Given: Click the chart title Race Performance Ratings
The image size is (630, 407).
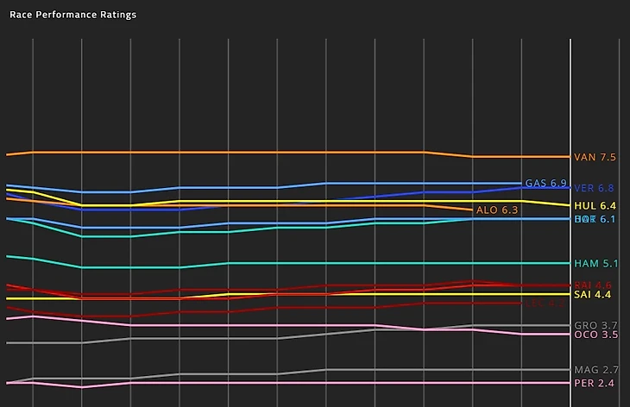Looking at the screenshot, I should click(x=72, y=15).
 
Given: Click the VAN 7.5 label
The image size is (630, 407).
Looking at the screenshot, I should click(x=595, y=158).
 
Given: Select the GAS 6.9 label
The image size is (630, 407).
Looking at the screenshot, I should click(x=545, y=184).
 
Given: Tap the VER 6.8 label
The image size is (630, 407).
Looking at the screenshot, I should click(x=595, y=188).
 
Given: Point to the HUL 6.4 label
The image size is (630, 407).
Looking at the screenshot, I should click(x=595, y=206).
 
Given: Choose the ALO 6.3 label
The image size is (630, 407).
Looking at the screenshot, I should click(x=497, y=210).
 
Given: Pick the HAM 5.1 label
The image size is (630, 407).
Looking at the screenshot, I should click(x=595, y=264).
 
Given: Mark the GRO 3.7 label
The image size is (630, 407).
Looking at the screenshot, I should click(x=595, y=325).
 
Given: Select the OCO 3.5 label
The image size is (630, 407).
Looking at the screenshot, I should click(x=595, y=335).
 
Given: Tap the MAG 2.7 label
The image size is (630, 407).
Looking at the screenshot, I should click(x=595, y=370).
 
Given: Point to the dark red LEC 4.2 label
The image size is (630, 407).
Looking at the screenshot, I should click(x=544, y=304).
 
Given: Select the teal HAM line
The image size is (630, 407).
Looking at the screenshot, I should click(x=345, y=263).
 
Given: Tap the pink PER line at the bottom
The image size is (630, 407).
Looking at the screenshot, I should click(x=345, y=383).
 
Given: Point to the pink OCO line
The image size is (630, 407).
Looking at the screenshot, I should click(x=259, y=325).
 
